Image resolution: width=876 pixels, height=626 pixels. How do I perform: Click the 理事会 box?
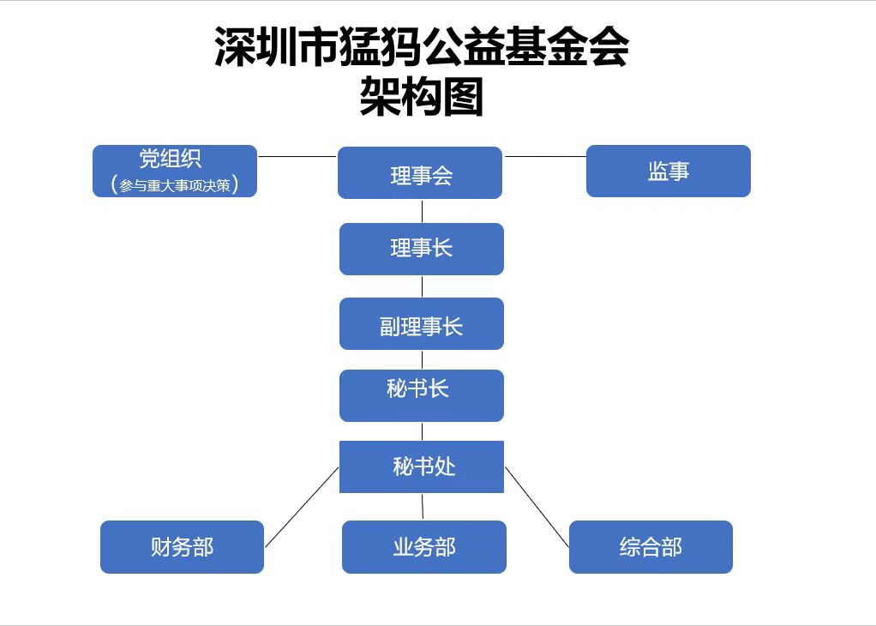tap(420, 172)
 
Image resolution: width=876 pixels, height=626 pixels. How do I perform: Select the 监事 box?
tap(669, 171)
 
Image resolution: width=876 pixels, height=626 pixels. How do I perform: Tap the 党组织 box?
tap(175, 171)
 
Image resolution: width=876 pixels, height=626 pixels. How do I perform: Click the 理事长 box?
tap(422, 249)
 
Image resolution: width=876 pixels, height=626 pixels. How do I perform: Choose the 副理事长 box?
tap(422, 323)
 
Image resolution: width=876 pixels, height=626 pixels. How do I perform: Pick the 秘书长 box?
tap(422, 395)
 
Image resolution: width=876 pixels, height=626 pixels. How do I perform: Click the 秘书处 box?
tap(422, 466)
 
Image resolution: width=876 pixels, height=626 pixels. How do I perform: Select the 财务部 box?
tap(182, 547)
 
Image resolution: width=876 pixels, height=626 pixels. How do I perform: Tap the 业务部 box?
tap(424, 547)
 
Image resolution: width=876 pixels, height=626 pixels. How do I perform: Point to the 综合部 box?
tap(651, 547)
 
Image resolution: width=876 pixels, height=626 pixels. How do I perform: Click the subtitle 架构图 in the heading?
tap(422, 97)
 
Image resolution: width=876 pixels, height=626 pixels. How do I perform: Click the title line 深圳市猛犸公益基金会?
tap(422, 47)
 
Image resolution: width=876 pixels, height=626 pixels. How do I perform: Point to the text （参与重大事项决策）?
tap(175, 184)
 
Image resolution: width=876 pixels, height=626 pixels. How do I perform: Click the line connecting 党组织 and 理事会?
tap(297, 156)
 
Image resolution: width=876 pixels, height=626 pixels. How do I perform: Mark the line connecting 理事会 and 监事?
tap(544, 156)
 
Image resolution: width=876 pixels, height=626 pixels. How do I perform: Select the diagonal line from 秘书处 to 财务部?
tap(302, 507)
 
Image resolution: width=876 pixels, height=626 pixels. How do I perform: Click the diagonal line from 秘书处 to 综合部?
tap(537, 507)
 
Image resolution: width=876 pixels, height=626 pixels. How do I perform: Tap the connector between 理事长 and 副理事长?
tap(422, 286)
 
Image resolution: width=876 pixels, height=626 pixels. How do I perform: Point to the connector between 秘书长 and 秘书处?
tap(422, 431)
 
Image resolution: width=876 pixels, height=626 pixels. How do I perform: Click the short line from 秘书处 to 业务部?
tap(423, 507)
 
